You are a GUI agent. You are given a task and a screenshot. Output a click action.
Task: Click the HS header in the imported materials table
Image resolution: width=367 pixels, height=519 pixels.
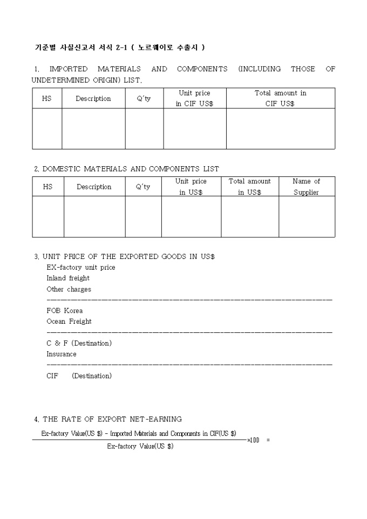click(x=47, y=99)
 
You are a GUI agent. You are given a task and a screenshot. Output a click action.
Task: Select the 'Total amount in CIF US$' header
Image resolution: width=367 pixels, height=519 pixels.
click(x=280, y=98)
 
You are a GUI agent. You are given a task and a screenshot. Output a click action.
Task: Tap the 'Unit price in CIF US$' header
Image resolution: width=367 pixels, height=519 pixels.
click(x=194, y=98)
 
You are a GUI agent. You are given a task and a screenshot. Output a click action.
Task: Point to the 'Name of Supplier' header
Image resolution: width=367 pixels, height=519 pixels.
click(x=306, y=187)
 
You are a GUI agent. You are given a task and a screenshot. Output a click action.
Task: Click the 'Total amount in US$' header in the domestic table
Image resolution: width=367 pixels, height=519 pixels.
click(x=249, y=187)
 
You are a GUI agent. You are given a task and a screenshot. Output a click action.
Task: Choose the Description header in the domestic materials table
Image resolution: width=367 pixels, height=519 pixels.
click(x=94, y=187)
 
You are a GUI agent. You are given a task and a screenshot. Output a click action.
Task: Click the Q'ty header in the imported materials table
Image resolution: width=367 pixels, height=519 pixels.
click(x=144, y=99)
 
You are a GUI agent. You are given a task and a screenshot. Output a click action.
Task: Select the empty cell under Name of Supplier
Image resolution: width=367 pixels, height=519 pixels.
click(x=306, y=216)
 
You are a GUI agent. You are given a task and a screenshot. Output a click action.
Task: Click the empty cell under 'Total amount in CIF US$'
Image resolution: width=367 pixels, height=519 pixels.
click(x=280, y=128)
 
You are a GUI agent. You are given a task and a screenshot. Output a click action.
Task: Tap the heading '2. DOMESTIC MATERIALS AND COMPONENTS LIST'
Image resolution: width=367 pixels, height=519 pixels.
click(x=127, y=169)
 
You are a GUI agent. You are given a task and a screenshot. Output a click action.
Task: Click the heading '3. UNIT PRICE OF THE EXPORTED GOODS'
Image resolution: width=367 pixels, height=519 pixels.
click(x=125, y=257)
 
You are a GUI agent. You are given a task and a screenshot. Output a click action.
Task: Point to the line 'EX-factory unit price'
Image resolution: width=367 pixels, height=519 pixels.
click(x=81, y=268)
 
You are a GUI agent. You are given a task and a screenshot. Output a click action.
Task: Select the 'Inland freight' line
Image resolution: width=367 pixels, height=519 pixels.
click(x=68, y=278)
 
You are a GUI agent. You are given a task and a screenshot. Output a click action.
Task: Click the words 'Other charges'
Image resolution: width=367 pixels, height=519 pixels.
click(x=69, y=289)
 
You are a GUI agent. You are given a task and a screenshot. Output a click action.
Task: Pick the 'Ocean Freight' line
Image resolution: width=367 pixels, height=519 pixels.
click(x=69, y=322)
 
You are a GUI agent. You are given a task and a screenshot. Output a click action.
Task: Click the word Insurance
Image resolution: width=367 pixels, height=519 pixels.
click(x=62, y=354)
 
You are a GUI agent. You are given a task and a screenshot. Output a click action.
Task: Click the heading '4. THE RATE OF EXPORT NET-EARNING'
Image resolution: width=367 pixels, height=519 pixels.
click(x=108, y=419)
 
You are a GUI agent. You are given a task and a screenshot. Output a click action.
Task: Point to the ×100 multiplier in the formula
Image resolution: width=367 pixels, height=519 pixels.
click(x=253, y=440)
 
